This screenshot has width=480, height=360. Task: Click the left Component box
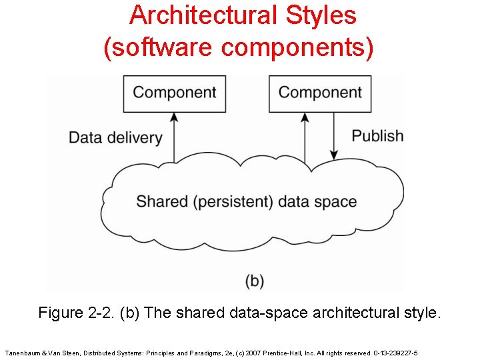point(175,93)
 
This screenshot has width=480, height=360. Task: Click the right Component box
point(320,93)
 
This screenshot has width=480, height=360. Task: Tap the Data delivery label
point(115,138)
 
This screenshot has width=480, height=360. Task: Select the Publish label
point(377,136)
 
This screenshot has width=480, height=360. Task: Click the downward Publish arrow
point(334,136)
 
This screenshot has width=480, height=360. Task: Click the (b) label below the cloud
point(255,280)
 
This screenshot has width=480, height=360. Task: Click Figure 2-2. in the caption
point(76,313)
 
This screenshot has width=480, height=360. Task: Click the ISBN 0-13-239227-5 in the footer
point(396,352)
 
